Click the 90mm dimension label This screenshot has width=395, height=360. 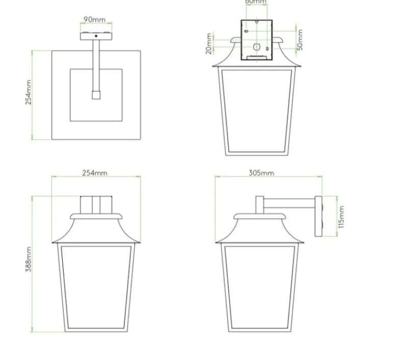pos(95,20)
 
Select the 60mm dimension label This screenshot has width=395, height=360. pos(256,2)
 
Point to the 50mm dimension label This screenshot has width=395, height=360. pos(300,39)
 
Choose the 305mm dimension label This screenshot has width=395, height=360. pos(261,173)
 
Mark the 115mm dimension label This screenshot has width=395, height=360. pos(341,217)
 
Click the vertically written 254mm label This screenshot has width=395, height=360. pos(29,92)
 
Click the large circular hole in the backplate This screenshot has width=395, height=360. pos(257,48)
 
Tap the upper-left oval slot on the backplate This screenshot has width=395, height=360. pos(247,31)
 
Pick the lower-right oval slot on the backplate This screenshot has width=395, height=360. pos(266,50)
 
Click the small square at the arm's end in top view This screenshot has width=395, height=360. pos(95,95)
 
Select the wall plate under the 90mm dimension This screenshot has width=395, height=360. pos(95,36)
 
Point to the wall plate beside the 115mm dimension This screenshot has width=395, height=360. pos(319,217)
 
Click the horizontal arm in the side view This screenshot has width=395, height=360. pos(289,207)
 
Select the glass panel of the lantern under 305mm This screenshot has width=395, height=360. pos(259,286)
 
